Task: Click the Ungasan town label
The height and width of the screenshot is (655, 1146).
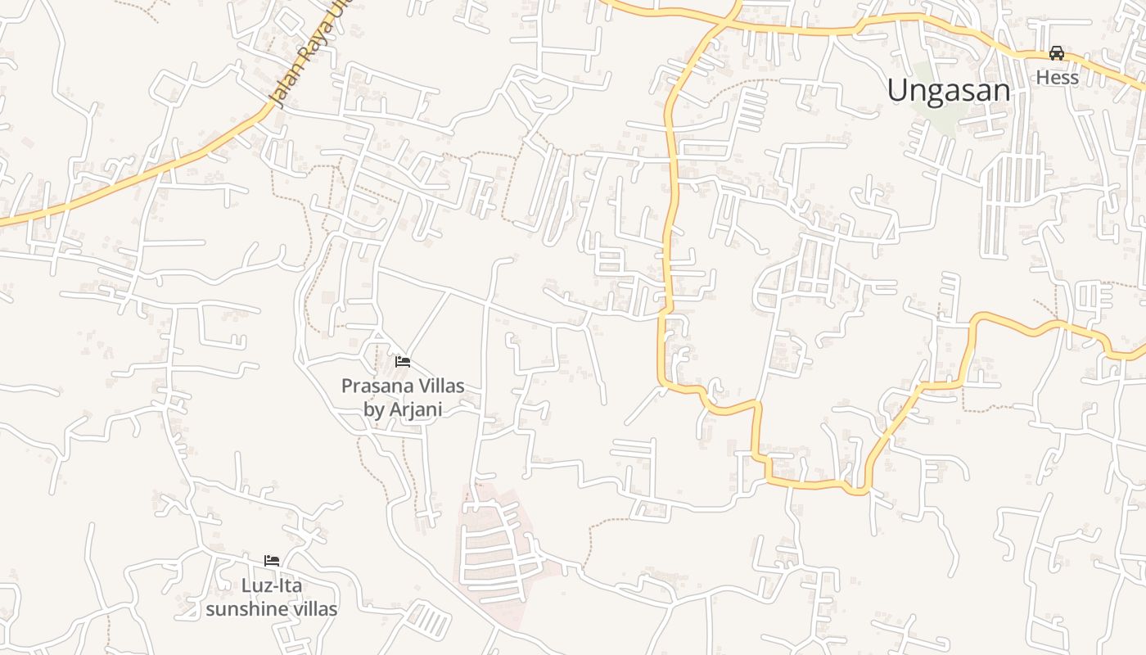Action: point(948,90)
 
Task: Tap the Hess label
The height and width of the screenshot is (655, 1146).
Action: point(1057,78)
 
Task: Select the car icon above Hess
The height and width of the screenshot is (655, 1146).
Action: point(1057,53)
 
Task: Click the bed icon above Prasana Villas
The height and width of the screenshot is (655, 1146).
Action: point(402,361)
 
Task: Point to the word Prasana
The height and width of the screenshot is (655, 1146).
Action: point(377,386)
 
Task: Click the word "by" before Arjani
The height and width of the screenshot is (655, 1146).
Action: point(373,409)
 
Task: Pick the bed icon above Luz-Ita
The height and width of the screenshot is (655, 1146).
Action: point(272,561)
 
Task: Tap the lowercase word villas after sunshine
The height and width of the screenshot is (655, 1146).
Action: point(311,609)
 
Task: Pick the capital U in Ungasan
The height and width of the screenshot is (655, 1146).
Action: point(897,90)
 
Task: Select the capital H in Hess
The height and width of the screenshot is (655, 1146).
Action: point(1043,78)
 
